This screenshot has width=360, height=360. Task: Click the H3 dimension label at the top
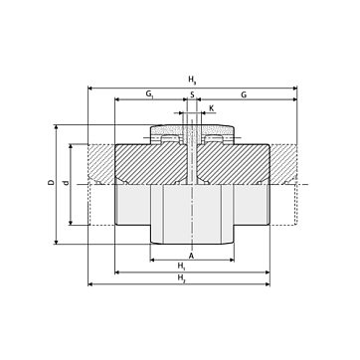click(192, 80)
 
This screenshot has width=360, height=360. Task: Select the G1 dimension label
click(150, 94)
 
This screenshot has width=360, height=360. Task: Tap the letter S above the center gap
click(192, 94)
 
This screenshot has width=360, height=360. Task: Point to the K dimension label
click(212, 107)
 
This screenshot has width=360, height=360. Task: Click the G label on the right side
click(244, 94)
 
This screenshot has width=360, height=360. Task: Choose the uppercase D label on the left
click(51, 182)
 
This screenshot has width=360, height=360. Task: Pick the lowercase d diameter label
click(67, 183)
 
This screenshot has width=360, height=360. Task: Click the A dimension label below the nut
click(191, 256)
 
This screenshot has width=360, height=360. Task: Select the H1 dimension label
click(181, 266)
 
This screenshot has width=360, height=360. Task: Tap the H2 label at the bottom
click(181, 277)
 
